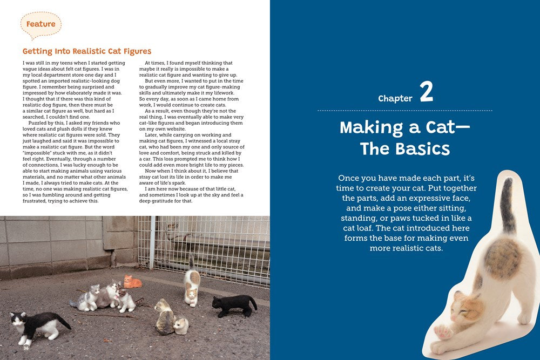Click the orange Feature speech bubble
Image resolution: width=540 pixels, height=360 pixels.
[x=41, y=25]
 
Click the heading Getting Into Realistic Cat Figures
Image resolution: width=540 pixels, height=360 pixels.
[x=87, y=51]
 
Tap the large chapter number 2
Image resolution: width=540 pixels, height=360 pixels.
[x=427, y=92]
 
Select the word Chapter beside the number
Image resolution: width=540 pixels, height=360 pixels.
[x=395, y=98]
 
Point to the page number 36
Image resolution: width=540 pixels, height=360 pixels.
[x=26, y=348]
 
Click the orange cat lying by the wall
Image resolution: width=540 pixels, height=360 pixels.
[x=132, y=282]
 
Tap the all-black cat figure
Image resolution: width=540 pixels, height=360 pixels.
[x=234, y=305]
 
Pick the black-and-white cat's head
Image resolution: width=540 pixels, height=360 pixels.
[x=18, y=320]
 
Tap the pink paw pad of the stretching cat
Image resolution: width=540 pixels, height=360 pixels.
[x=443, y=332]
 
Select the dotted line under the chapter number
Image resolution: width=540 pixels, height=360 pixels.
[x=404, y=111]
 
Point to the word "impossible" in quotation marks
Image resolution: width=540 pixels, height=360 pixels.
[x=39, y=153]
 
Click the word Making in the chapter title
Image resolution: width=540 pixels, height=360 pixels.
[x=372, y=128]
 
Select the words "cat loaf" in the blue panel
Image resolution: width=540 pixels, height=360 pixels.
[x=358, y=228]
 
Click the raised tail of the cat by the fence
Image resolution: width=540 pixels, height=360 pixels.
[x=191, y=262]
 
